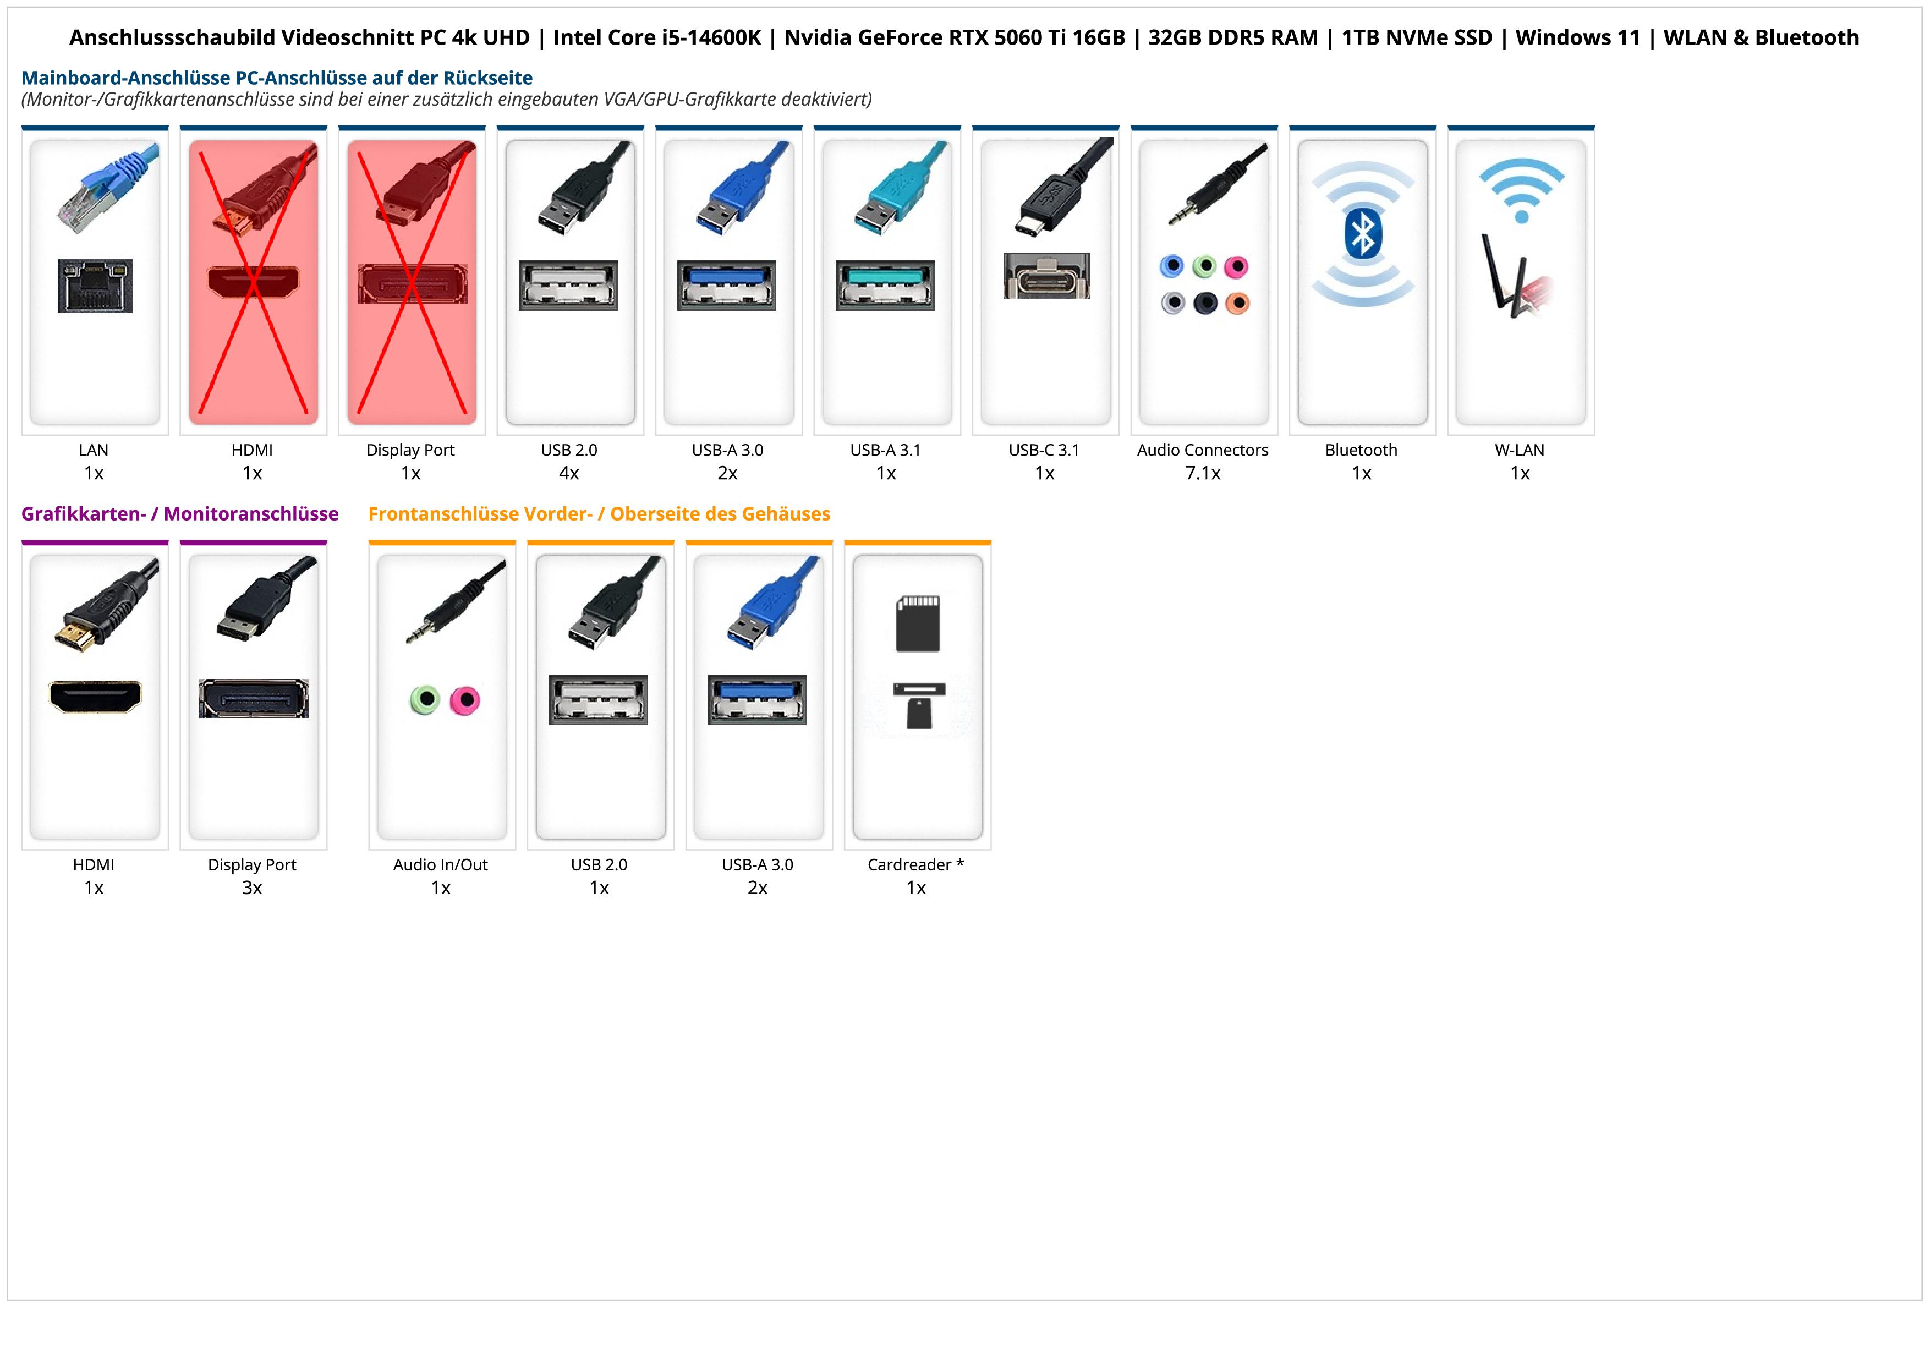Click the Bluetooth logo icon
[x=1363, y=234]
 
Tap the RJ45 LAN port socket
[x=95, y=286]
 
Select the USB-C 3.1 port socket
[x=1046, y=276]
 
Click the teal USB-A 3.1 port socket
[x=884, y=285]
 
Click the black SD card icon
[x=917, y=623]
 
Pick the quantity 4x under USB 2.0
[x=569, y=473]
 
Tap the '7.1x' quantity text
[x=1202, y=473]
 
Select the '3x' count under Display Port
[x=252, y=888]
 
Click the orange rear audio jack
[x=1237, y=303]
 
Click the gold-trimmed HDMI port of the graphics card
[x=95, y=696]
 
